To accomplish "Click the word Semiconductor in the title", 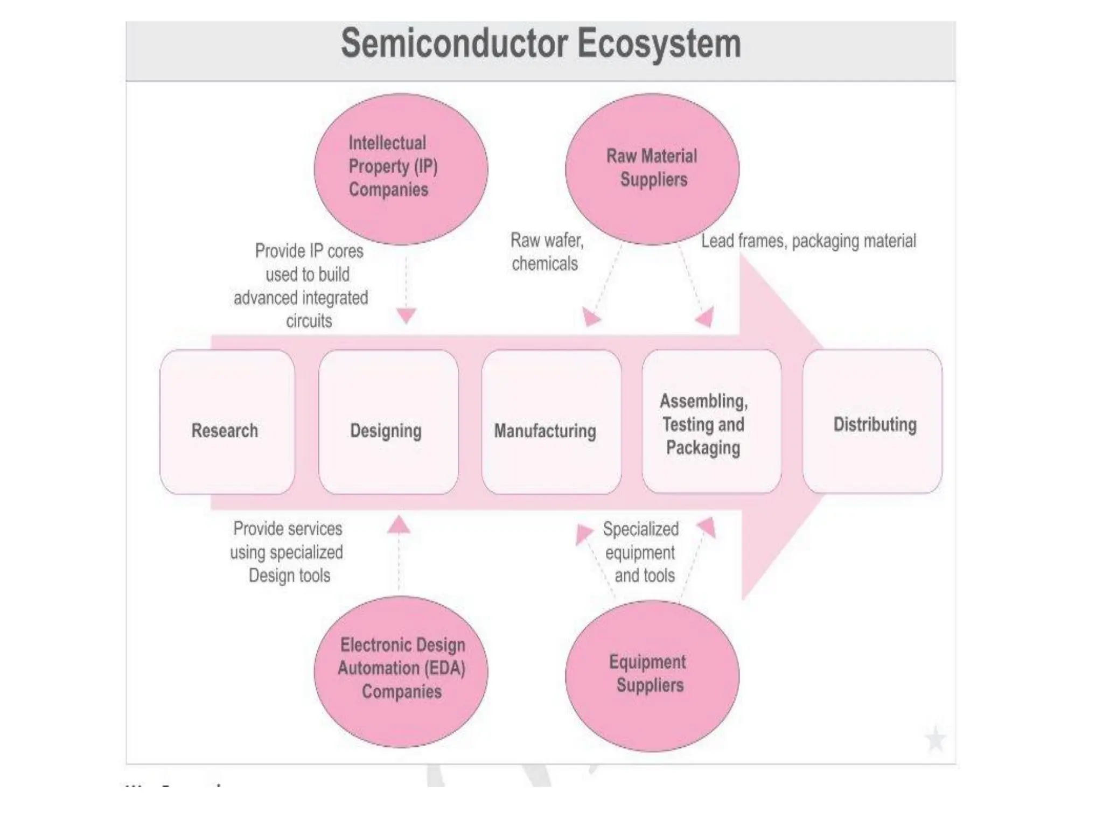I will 455,44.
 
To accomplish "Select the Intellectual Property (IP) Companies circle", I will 401,169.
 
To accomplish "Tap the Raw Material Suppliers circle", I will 652,169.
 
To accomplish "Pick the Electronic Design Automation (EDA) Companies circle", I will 401,670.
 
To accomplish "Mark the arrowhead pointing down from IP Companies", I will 406,316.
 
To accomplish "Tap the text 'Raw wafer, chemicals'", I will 546,252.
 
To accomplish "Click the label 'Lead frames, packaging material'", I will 808,241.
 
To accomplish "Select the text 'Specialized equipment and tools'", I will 641,552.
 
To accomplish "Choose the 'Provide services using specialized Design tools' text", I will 287,552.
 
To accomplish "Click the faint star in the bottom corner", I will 936,739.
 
